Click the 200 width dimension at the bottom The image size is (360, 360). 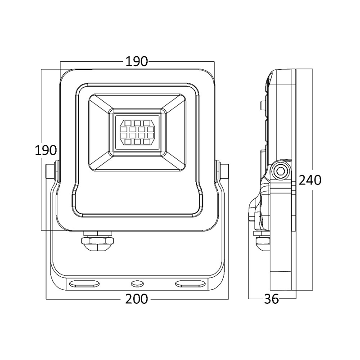tap(136, 299)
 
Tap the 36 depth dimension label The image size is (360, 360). tap(272, 299)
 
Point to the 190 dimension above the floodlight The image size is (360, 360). tap(137, 61)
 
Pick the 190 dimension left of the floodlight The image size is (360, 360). tap(45, 150)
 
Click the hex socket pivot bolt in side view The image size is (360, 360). tap(280, 171)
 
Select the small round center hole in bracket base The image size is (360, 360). tap(137, 284)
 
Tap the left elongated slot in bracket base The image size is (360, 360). tap(85, 284)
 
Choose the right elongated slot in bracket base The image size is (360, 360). tap(190, 284)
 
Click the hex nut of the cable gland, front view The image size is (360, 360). tap(97, 241)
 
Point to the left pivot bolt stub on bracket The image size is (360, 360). tap(52, 171)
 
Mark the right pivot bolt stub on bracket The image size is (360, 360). tap(222, 171)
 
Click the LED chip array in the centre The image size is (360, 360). tap(137, 132)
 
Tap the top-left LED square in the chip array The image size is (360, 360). tap(128, 123)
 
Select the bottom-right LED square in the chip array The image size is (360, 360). tap(147, 142)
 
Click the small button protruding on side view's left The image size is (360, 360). tap(262, 105)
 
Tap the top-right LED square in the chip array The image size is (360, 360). tap(147, 123)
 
